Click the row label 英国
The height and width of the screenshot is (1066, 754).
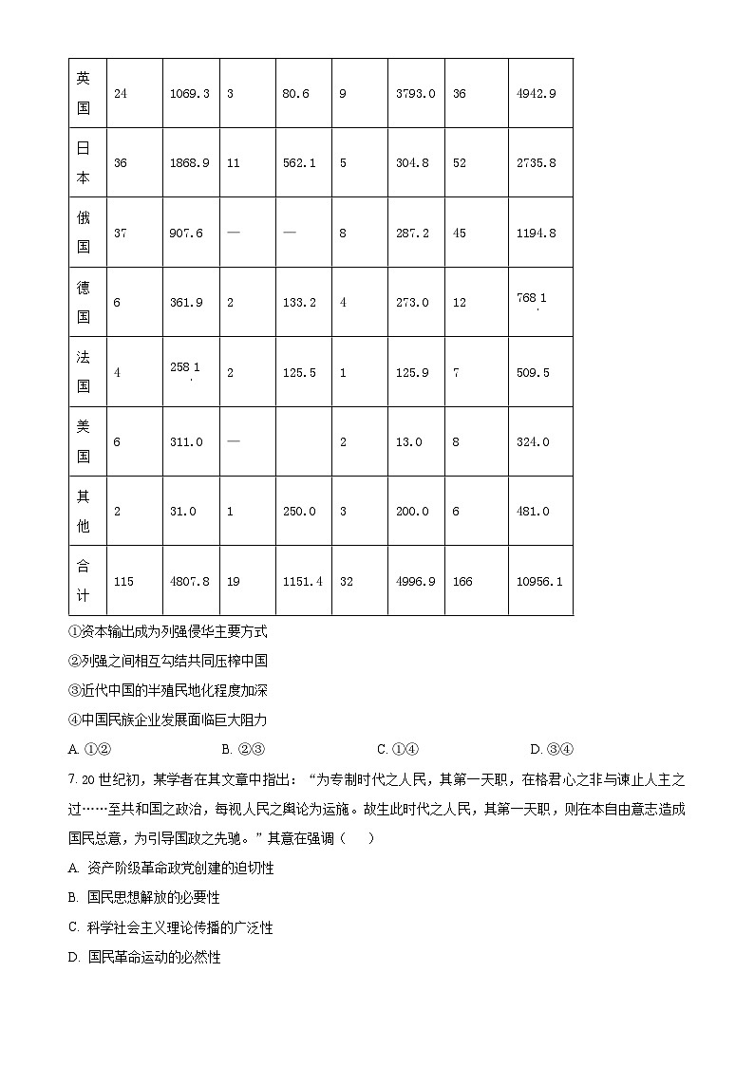(84, 93)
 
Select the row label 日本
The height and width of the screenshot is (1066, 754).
(84, 162)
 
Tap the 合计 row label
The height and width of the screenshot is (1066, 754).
(84, 580)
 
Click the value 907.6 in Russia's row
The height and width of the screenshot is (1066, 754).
(186, 234)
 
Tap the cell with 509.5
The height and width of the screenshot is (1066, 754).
(533, 373)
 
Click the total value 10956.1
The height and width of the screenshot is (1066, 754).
(538, 581)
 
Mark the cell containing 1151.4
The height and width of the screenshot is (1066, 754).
(302, 581)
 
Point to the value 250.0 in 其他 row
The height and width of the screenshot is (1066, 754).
(299, 512)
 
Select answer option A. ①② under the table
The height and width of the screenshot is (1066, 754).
(91, 749)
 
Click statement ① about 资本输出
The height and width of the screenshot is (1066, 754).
(168, 631)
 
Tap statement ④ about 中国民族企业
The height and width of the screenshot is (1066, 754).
(168, 720)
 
